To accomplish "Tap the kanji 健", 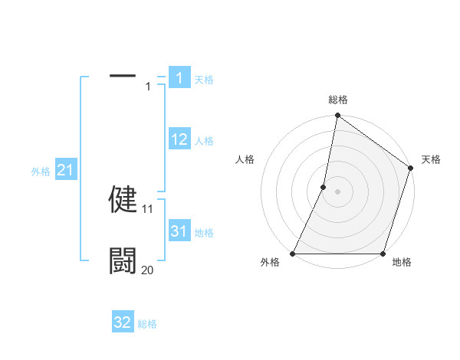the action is [123, 199].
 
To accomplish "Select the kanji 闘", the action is [123, 260].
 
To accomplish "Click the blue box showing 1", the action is [179, 78].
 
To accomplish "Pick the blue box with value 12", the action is [179, 139].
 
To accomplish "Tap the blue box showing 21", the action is [65, 171].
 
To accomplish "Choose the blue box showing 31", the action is [179, 231].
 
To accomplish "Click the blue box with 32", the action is [123, 322].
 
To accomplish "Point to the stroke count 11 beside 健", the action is [148, 208].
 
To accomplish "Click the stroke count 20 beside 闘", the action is [148, 270].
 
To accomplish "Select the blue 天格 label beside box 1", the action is [204, 79].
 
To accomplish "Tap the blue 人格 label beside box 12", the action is [204, 141].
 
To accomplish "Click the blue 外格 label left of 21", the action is [41, 172].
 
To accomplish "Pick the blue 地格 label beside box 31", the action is [204, 233].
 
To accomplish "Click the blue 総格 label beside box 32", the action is [147, 324].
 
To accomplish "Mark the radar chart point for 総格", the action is [337, 116].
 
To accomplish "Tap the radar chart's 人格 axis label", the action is [245, 159].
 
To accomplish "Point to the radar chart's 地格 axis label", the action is [402, 262].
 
